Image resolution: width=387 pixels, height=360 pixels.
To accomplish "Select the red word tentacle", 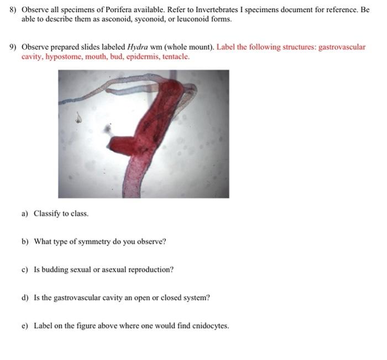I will click(x=176, y=56).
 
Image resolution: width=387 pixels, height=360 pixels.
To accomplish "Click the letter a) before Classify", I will click(x=25, y=213).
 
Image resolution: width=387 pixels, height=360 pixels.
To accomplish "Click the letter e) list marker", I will click(x=25, y=326).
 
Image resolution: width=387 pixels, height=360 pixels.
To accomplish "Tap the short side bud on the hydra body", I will click(x=121, y=133).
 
